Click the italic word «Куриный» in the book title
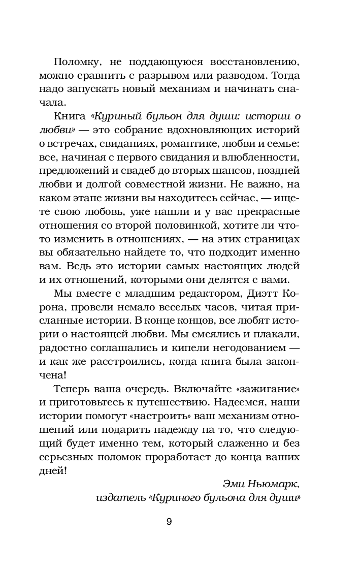click(x=119, y=116)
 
